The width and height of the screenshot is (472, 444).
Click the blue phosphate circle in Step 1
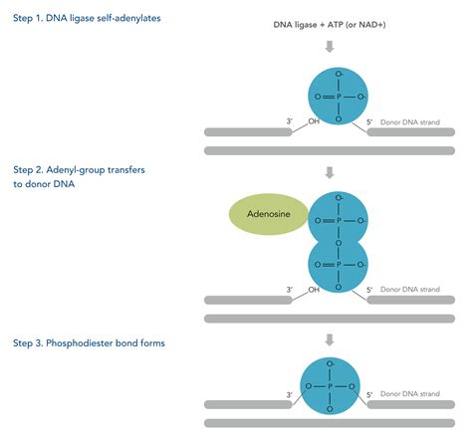click(337, 96)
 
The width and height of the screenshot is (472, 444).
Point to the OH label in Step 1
click(314, 121)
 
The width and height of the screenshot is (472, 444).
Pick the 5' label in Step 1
click(369, 121)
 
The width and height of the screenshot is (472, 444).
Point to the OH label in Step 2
click(314, 291)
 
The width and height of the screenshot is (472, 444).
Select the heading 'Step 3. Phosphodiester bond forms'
click(96, 342)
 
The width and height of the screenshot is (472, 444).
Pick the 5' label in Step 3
click(369, 395)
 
